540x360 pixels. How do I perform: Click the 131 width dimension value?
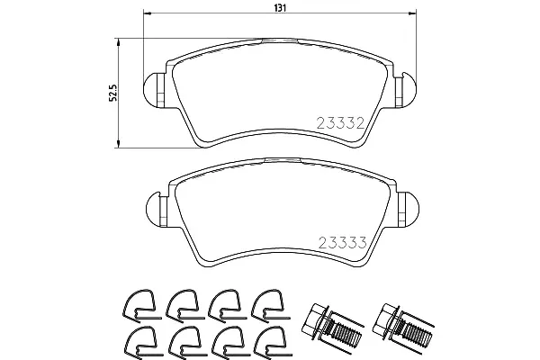click(280, 8)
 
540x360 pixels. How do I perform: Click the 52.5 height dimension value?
click(113, 93)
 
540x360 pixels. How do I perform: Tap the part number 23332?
click(340, 123)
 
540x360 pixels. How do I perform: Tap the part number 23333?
click(342, 243)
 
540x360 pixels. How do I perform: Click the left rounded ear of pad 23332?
click(151, 90)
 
